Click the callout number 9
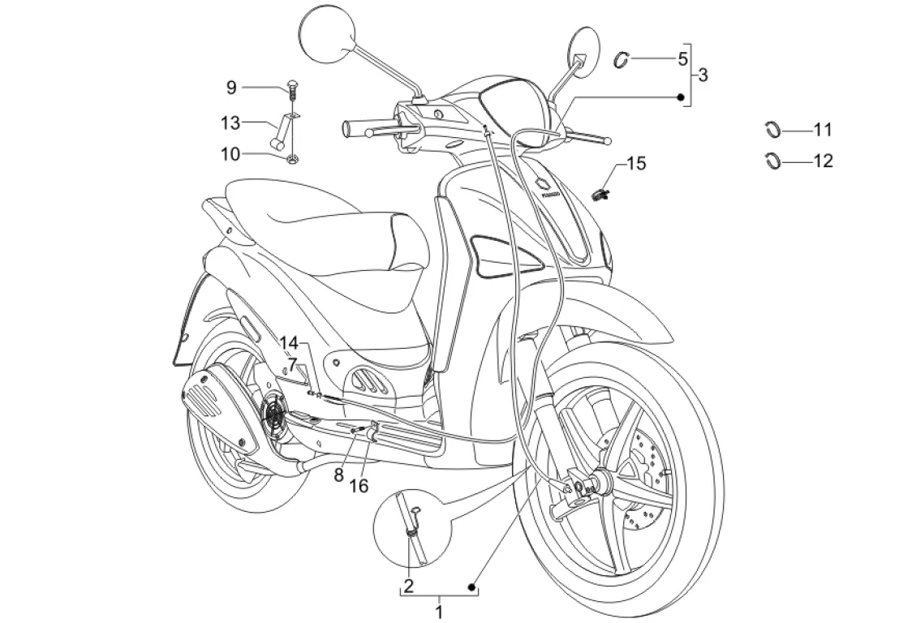tap(230, 87)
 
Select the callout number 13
tap(230, 123)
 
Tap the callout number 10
tap(230, 153)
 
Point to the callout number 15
tap(636, 164)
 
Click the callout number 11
tap(823, 130)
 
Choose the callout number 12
tap(823, 161)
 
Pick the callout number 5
tap(682, 58)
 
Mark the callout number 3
tap(703, 75)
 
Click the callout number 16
tap(359, 485)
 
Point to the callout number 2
tap(409, 585)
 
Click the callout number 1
tap(439, 609)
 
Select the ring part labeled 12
tap(773, 160)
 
